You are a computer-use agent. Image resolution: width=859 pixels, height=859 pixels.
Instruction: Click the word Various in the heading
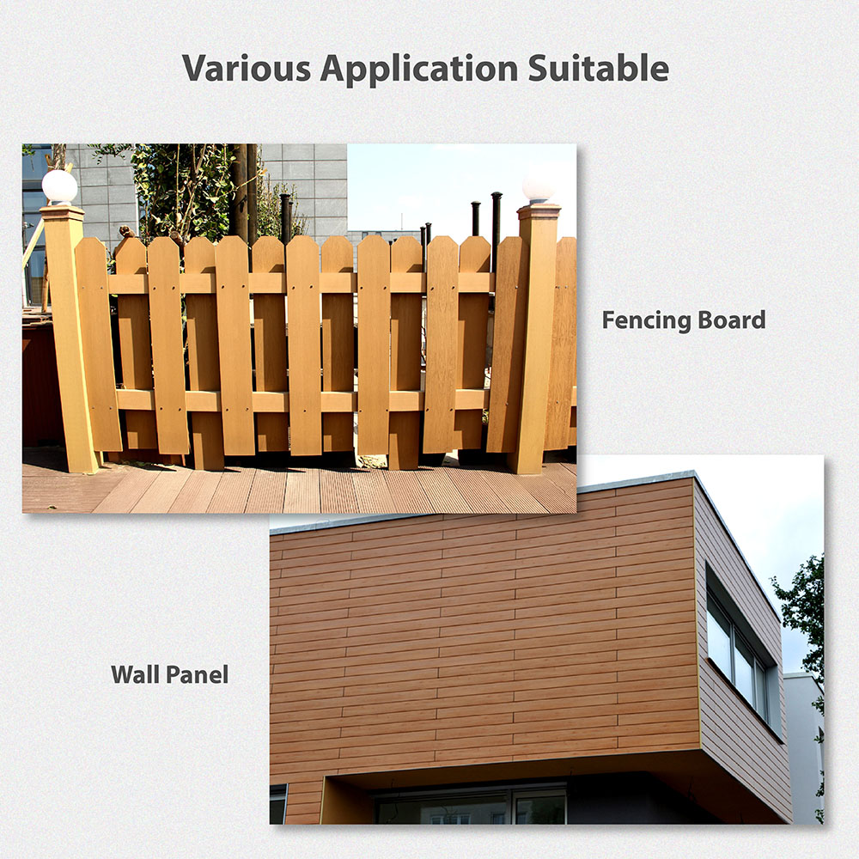point(247,68)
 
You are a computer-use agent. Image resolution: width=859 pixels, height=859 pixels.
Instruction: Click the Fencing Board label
point(684,320)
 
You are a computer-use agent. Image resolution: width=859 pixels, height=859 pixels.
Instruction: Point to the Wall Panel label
point(170,674)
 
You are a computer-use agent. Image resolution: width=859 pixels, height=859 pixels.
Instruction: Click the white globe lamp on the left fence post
point(60,186)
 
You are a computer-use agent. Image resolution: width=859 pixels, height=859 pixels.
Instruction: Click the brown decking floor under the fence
point(299,488)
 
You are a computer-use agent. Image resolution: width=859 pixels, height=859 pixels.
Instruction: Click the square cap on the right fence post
point(539,210)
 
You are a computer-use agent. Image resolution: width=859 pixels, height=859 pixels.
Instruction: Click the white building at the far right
point(803,748)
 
